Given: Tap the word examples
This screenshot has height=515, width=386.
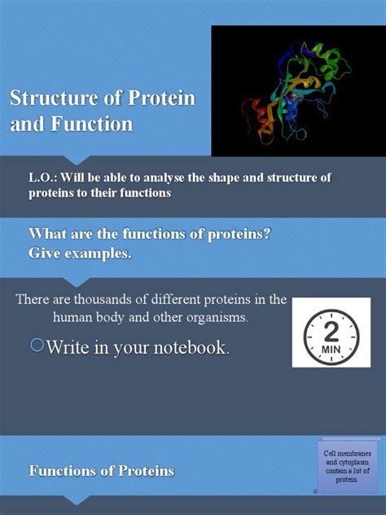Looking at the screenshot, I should click(x=97, y=253).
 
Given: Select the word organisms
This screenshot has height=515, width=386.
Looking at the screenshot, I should click(x=232, y=318).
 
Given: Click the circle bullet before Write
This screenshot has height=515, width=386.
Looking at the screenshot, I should click(x=36, y=346).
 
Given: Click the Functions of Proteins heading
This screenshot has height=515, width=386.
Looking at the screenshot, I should click(x=102, y=470).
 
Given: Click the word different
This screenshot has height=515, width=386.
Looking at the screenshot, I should click(x=175, y=299).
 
